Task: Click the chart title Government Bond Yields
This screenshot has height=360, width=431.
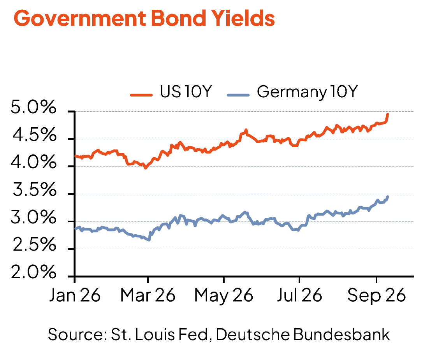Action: point(144,18)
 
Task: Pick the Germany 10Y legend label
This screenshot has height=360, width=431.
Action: point(307,92)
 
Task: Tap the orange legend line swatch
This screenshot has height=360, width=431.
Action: point(141,95)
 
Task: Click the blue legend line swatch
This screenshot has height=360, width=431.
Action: point(238,95)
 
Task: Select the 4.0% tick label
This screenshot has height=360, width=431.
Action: point(33,162)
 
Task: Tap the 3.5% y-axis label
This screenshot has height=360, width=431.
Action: point(34,190)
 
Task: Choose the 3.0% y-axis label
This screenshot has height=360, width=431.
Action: point(33,218)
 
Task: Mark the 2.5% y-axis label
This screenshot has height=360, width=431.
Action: point(34,245)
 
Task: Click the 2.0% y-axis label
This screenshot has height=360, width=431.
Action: point(33,272)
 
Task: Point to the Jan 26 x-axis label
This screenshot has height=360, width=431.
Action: point(75,295)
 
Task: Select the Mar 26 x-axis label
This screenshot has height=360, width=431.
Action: point(148,295)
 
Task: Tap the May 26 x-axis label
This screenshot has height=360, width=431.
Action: point(224,296)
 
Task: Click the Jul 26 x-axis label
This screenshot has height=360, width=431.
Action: point(299,295)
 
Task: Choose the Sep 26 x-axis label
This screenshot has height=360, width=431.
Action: point(376,296)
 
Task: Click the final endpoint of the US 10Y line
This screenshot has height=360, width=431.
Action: point(388,114)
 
